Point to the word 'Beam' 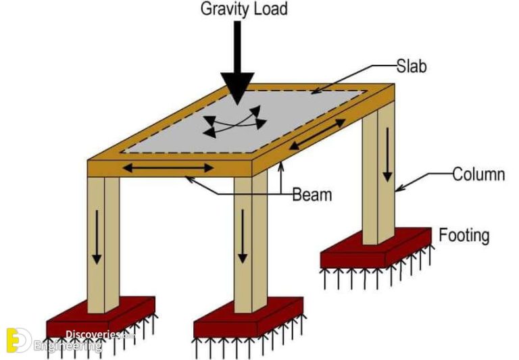(x=312, y=195)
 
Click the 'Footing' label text (x=464, y=236)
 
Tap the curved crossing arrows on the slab (x=235, y=123)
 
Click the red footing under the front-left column (x=101, y=319)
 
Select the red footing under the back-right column (x=376, y=250)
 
